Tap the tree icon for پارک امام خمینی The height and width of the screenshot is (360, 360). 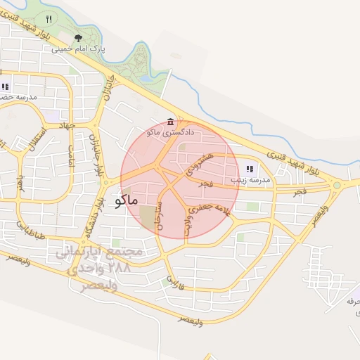77,39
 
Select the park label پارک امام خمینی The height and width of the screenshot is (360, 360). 98,50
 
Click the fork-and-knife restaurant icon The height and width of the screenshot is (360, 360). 49,19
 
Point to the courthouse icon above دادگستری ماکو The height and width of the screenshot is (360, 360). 171,122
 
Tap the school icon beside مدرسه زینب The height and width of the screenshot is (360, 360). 250,169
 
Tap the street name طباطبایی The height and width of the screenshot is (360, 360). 31,229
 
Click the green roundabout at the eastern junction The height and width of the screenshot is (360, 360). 337,186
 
